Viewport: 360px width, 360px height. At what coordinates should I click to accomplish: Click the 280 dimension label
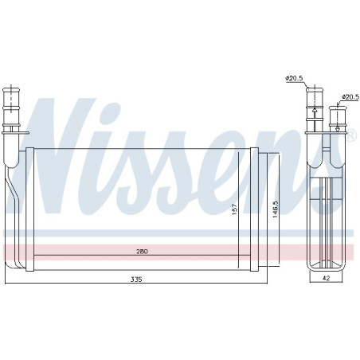(x=142, y=251)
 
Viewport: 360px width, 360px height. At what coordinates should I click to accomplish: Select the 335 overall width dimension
(x=136, y=279)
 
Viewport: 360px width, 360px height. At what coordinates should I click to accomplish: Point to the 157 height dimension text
(x=235, y=209)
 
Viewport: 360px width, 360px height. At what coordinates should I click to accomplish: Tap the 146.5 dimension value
(x=276, y=209)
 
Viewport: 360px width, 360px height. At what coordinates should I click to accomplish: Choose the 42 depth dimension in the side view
(x=326, y=278)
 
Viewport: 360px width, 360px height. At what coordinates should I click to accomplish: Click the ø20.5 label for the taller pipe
(x=294, y=78)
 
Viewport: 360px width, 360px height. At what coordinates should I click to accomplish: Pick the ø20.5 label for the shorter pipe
(x=350, y=97)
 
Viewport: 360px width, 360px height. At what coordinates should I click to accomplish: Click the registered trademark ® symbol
(x=350, y=135)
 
